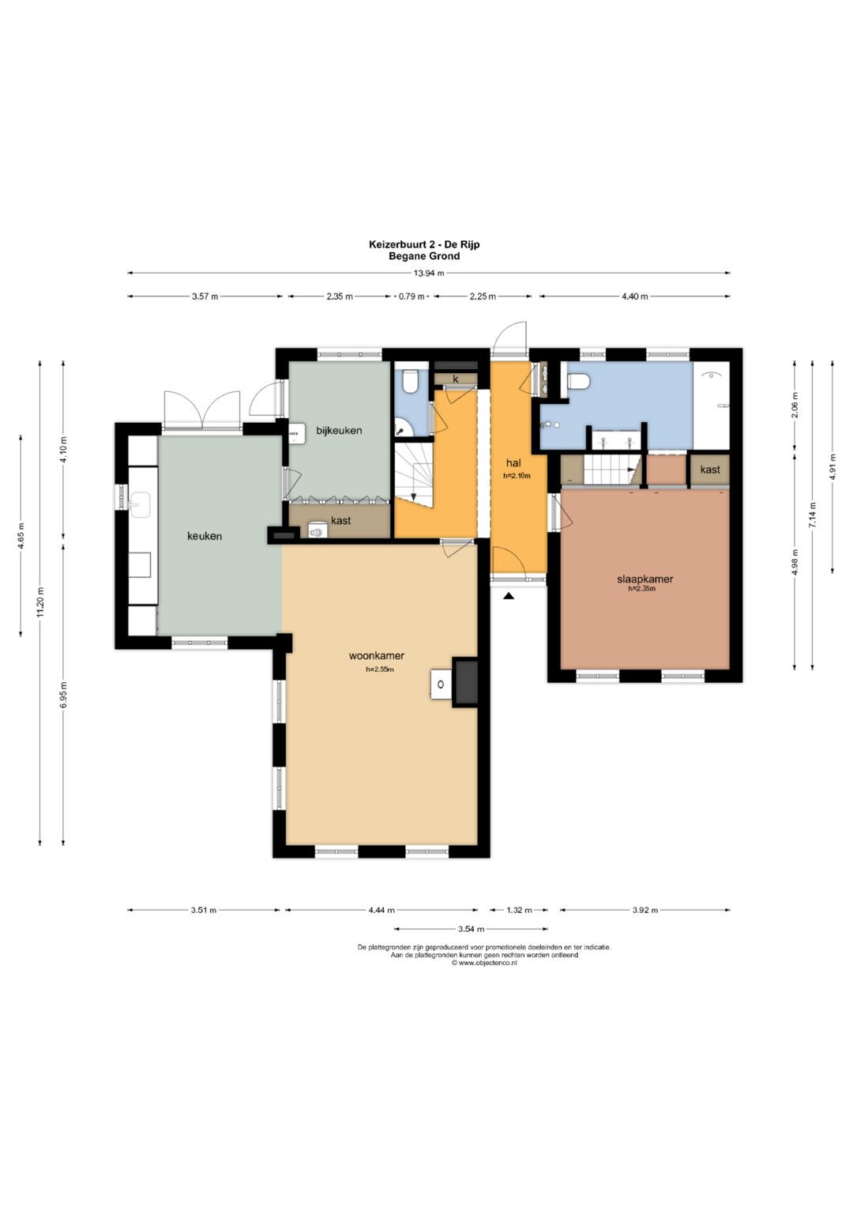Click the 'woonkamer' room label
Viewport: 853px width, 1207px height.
(377, 656)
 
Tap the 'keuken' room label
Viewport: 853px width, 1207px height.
(205, 536)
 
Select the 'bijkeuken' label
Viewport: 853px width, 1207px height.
(339, 431)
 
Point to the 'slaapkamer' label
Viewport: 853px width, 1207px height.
(644, 579)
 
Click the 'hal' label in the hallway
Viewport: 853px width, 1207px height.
(513, 463)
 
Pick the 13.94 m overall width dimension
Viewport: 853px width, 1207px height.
(429, 273)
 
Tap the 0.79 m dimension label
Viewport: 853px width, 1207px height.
(411, 296)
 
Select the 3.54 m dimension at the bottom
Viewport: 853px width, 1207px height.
(471, 929)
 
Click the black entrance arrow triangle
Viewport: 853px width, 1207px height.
(509, 596)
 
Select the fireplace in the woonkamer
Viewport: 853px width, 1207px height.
(465, 681)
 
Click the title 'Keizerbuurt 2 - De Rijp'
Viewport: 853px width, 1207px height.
(424, 244)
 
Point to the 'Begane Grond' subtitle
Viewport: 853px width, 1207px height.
(424, 256)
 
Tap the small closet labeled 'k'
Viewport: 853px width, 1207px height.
(456, 379)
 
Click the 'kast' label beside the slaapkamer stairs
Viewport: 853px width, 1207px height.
(710, 470)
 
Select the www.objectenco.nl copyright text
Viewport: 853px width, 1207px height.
(484, 963)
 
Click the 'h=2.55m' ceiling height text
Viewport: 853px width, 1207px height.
(380, 670)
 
